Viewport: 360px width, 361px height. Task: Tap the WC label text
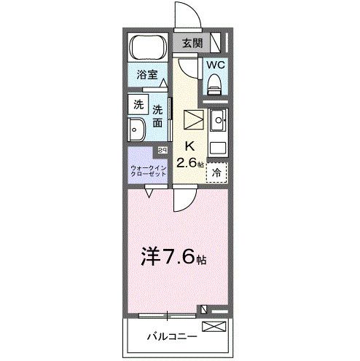coord(215,65)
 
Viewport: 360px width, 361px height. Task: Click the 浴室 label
coord(148,73)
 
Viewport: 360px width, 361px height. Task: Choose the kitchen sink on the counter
coord(217,118)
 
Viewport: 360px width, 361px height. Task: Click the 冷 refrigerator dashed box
coord(216,172)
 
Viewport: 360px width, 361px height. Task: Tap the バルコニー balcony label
coord(168,338)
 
